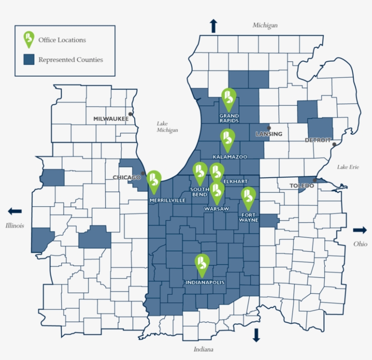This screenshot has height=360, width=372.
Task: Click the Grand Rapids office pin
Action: click(229, 98)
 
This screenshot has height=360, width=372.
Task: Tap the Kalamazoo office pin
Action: click(228, 139)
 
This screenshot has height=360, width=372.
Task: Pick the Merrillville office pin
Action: click(154, 180)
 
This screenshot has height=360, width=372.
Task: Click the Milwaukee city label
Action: click(111, 119)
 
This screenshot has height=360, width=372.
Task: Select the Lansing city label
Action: click(269, 134)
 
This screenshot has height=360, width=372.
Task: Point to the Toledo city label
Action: click(302, 186)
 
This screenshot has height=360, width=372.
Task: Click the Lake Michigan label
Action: click(167, 126)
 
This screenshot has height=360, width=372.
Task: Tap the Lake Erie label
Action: click(348, 167)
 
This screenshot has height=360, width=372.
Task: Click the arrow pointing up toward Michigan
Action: click(213, 26)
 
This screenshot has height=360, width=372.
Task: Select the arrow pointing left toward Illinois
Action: click(15, 211)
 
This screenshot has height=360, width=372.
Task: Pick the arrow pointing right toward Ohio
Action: click(360, 230)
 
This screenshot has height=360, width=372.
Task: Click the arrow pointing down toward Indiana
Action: click(256, 335)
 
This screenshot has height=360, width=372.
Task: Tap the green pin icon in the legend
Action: click(29, 39)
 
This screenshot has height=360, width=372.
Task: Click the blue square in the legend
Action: click(29, 59)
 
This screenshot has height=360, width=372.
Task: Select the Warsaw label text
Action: click(215, 209)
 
